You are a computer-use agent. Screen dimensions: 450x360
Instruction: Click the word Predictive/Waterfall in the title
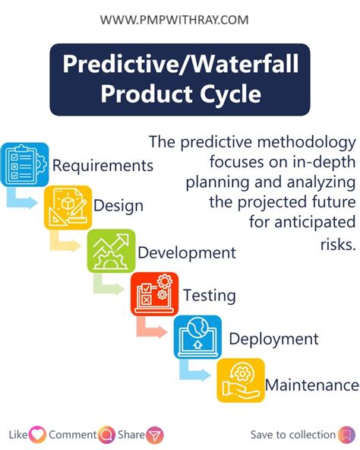pyautogui.click(x=180, y=65)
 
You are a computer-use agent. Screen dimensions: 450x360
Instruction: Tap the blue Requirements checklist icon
pyautogui.click(x=24, y=164)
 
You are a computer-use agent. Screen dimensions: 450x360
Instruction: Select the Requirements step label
pyautogui.click(x=103, y=166)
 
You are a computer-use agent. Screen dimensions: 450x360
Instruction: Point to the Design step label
pyautogui.click(x=118, y=206)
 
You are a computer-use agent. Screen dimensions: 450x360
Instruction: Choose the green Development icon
pyautogui.click(x=111, y=251)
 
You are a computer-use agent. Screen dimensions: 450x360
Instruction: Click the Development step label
pyautogui.click(x=187, y=252)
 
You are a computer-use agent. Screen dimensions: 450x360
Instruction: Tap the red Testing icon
pyautogui.click(x=154, y=294)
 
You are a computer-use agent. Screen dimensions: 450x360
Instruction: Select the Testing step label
pyautogui.click(x=210, y=296)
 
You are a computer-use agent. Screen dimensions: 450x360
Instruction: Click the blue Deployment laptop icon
pyautogui.click(x=197, y=337)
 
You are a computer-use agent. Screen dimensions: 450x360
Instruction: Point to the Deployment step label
pyautogui.click(x=273, y=339)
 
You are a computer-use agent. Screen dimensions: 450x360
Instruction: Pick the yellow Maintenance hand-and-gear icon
pyautogui.click(x=241, y=380)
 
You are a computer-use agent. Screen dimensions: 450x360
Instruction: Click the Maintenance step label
pyautogui.click(x=311, y=385)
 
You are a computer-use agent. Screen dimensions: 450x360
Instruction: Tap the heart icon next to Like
pyautogui.click(x=37, y=435)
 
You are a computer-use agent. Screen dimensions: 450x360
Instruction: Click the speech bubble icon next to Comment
pyautogui.click(x=106, y=435)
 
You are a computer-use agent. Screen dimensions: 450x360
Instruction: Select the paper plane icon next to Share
pyautogui.click(x=155, y=435)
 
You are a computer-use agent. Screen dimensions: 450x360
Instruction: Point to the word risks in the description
pyautogui.click(x=339, y=245)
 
